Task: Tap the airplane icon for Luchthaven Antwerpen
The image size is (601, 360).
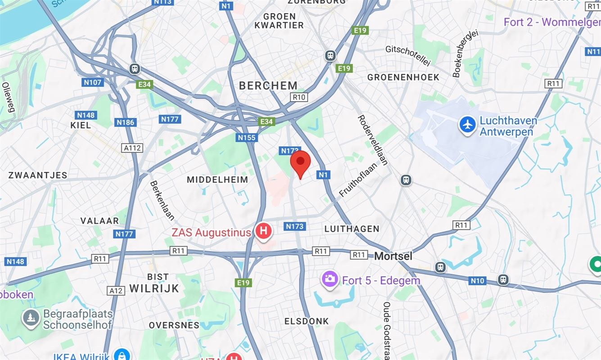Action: [x=468, y=125]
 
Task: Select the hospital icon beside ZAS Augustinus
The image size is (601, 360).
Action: [x=263, y=232]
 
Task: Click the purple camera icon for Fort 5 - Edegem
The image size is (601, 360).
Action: [x=330, y=279]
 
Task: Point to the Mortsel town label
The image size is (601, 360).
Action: [x=393, y=256]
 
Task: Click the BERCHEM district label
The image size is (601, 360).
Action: [x=268, y=85]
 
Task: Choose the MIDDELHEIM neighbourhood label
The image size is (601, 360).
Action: [x=217, y=180]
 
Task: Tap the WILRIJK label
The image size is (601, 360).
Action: [x=154, y=288]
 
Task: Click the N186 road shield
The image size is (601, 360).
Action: [x=125, y=122]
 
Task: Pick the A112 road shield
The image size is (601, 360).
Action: [x=132, y=148]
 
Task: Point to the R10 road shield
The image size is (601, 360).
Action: [x=299, y=97]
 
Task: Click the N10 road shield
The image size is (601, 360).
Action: [x=477, y=281]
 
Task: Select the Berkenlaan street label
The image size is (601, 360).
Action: [x=162, y=201]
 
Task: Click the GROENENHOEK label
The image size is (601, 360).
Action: [x=403, y=77]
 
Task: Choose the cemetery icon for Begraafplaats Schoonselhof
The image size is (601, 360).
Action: [x=31, y=319]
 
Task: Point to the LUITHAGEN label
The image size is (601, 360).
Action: [x=352, y=229]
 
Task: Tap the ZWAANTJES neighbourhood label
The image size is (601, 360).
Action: [x=38, y=175]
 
